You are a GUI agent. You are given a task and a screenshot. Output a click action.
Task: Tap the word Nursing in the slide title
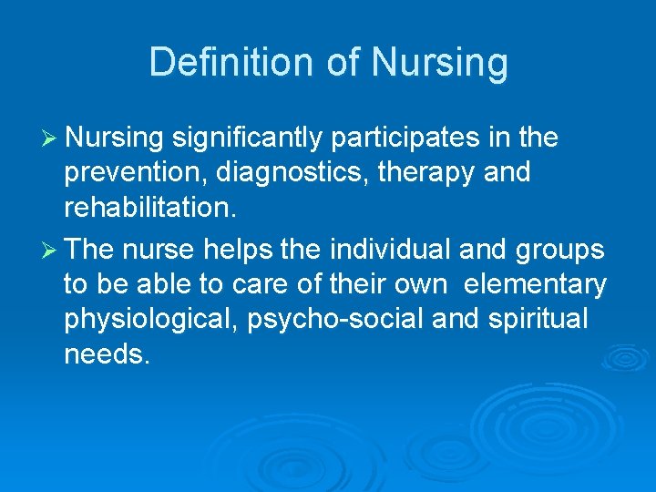[439, 63]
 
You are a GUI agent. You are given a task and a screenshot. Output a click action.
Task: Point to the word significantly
[247, 138]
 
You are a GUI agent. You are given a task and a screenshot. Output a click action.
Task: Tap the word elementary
[535, 285]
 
